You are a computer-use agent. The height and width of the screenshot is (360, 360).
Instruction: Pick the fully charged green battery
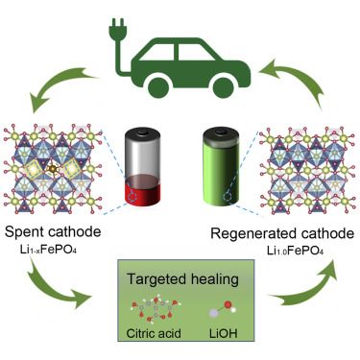pyautogui.click(x=219, y=167)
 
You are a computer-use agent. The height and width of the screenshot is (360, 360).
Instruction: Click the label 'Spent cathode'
pyautogui.click(x=56, y=233)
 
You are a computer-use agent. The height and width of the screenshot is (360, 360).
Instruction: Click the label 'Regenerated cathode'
pyautogui.click(x=279, y=232)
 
